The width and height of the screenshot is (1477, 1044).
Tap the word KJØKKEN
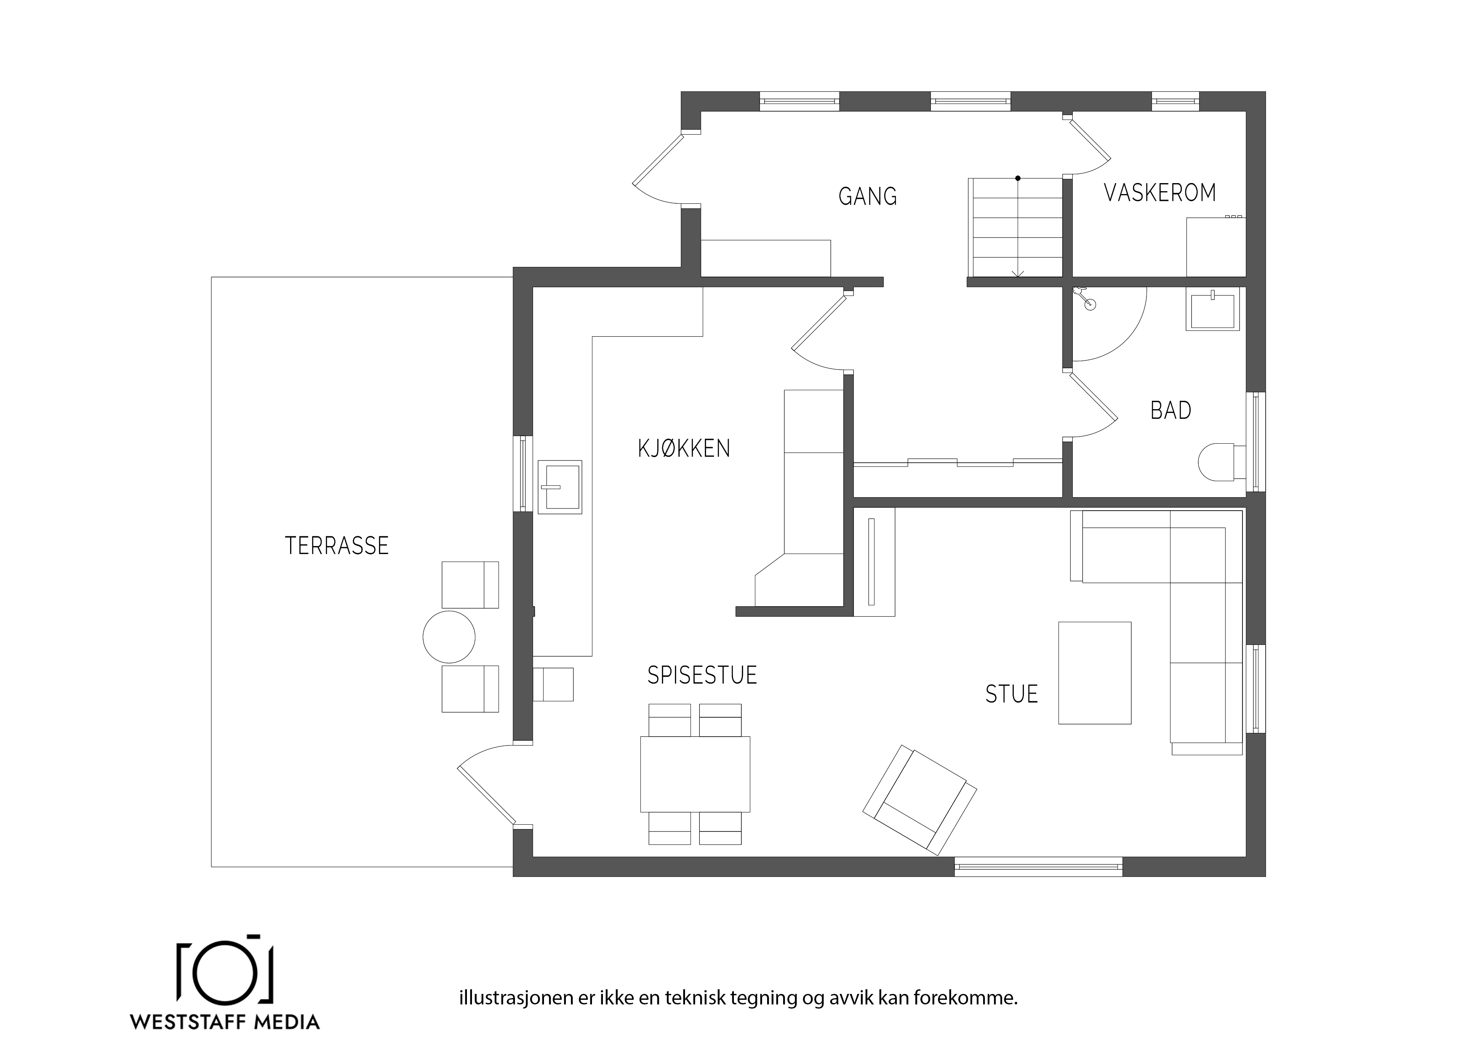tap(684, 448)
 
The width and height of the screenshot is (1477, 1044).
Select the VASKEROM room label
tap(1160, 193)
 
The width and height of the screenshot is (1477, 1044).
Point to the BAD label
tap(1171, 410)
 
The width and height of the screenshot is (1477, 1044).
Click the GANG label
tap(867, 196)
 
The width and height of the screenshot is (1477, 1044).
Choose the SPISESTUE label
tap(702, 675)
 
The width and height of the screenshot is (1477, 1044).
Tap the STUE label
tap(1011, 694)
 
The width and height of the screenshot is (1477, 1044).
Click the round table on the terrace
tap(449, 637)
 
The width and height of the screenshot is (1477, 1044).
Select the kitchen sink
tap(560, 487)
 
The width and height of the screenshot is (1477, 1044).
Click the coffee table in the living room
tap(1095, 673)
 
